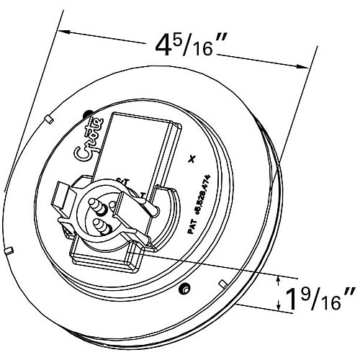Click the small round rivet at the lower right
[x=186, y=288]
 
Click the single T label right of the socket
[x=144, y=195]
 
